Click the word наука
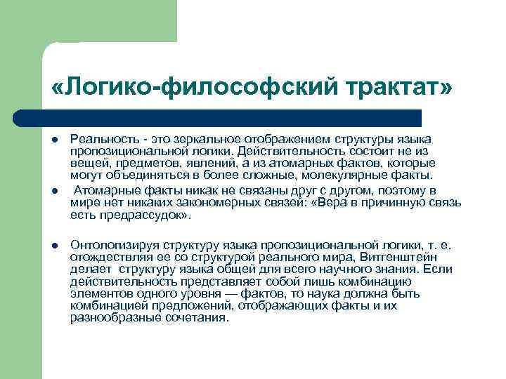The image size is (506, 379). pyautogui.click(x=337, y=293)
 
